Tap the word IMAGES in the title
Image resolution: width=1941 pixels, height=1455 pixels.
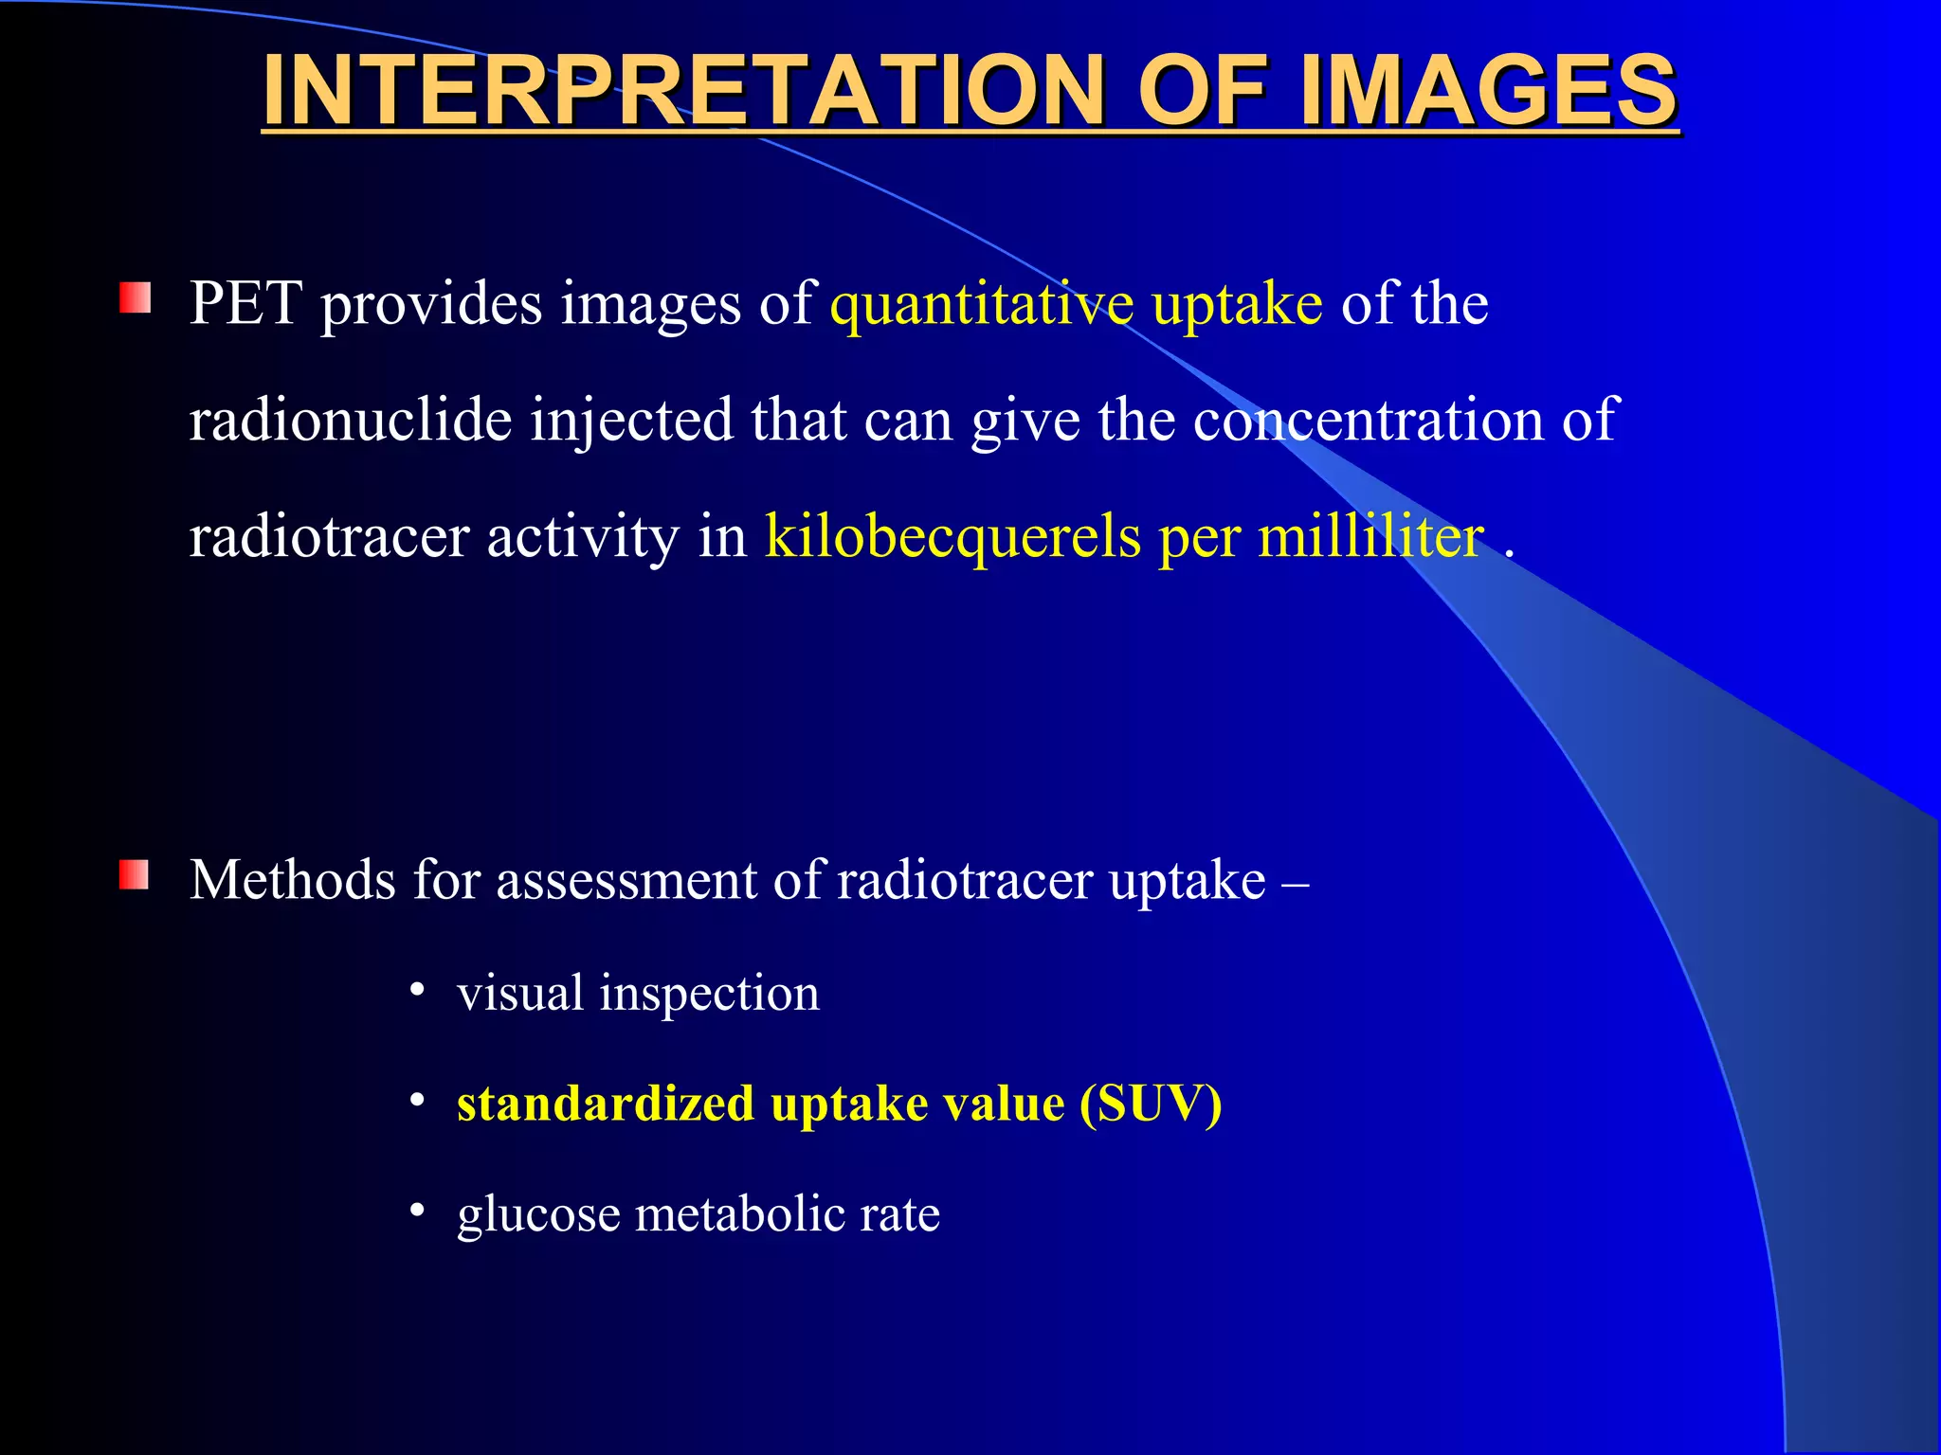[x=1488, y=90]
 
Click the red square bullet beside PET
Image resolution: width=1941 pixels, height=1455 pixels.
[x=135, y=298]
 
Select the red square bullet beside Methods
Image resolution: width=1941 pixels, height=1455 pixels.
[x=135, y=875]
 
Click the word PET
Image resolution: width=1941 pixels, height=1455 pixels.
[x=245, y=305]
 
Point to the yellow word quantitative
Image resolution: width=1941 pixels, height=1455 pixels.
[x=981, y=305]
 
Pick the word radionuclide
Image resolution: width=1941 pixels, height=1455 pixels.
[x=350, y=421]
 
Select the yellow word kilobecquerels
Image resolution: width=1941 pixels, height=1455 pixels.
[x=952, y=537]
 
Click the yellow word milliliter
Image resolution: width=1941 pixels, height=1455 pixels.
[x=1370, y=537]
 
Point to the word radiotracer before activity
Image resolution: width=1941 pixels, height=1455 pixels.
[x=329, y=537]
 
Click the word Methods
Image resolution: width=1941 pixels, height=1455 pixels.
[x=292, y=880]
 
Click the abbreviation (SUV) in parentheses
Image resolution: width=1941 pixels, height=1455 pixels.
[x=1151, y=1105]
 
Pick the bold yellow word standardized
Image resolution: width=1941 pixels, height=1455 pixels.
[x=606, y=1105]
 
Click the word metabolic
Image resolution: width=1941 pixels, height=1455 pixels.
[x=738, y=1213]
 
